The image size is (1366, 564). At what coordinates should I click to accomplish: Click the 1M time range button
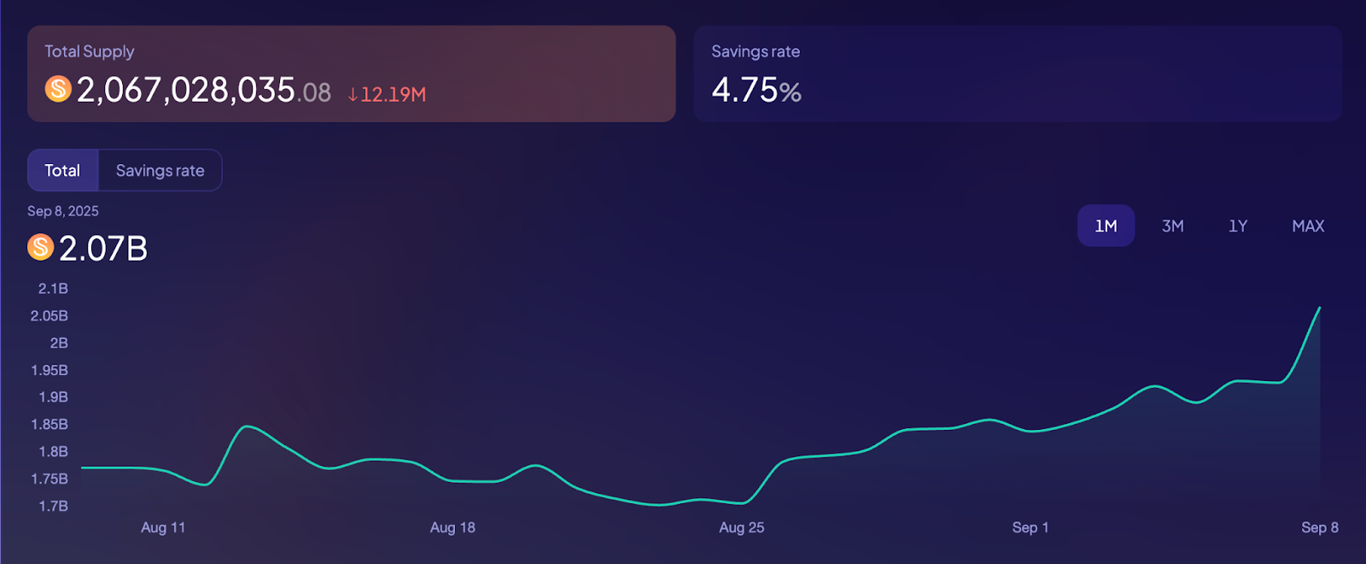click(1106, 226)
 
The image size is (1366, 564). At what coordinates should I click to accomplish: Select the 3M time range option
click(1172, 226)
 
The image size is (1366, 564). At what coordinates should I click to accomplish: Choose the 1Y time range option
click(1238, 226)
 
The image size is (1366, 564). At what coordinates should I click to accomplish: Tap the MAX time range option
click(1308, 226)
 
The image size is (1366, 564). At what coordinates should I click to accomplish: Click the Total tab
click(62, 170)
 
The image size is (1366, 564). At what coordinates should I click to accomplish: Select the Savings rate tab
click(160, 170)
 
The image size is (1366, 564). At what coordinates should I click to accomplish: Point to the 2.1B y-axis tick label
click(53, 289)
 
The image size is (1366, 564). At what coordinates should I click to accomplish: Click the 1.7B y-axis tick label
click(53, 506)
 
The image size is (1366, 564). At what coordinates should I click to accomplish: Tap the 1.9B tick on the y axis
click(53, 397)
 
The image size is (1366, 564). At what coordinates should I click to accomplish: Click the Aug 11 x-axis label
click(163, 527)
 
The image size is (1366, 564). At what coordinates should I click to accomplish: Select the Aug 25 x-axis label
click(741, 527)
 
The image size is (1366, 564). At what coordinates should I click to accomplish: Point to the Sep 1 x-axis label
click(1030, 527)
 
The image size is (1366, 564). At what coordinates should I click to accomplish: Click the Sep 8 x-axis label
click(1319, 527)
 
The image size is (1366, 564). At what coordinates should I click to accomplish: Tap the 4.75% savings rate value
click(756, 90)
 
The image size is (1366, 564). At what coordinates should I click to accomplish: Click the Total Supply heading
click(90, 51)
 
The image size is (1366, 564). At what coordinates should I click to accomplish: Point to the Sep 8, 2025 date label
click(63, 211)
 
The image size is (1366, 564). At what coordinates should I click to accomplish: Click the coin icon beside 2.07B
click(40, 247)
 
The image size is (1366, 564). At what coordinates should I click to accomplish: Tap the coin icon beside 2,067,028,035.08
click(58, 88)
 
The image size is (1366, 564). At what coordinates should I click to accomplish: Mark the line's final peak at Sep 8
click(1320, 308)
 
